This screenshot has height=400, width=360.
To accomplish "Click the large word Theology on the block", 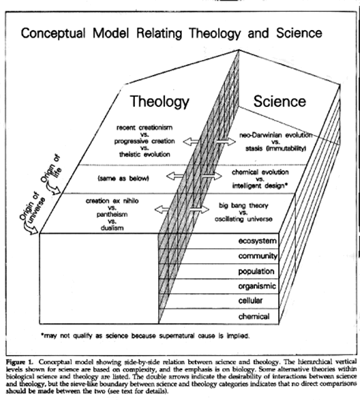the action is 160,102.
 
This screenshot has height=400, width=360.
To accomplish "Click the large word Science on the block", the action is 279,101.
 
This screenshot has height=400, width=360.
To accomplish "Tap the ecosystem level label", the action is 257,241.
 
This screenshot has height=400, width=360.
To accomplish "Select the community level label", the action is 257,256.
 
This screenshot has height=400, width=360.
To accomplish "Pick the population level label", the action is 256,271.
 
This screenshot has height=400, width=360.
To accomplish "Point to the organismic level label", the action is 257,286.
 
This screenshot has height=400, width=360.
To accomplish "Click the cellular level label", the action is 250,301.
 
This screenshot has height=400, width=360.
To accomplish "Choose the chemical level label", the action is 254,316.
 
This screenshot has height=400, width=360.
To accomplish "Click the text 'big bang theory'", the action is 243,206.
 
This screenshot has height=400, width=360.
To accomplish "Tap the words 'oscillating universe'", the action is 243,219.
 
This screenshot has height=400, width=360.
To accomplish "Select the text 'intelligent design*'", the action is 260,186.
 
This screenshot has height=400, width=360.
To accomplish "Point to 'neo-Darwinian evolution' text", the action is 276,135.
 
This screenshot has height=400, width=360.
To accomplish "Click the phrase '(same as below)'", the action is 123,179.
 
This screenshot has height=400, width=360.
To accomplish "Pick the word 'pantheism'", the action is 112,214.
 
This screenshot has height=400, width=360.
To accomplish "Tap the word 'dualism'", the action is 112,227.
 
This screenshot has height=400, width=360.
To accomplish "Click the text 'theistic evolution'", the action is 144,154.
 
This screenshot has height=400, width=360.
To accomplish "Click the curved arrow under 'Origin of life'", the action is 53,189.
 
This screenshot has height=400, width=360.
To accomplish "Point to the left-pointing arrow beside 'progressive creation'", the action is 191,141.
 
